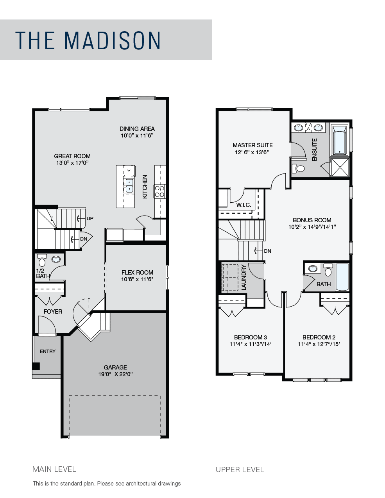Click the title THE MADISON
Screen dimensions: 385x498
pos(88,40)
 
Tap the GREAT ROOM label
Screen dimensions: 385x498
pos(72,156)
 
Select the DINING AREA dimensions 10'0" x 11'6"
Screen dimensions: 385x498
pos(137,136)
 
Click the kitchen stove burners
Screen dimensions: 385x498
pos(159,192)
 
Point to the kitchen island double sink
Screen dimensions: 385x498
pos(129,186)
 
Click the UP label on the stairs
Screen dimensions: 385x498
pos(90,218)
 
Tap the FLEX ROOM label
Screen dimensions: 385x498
pos(137,273)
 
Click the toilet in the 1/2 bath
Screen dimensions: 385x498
pos(42,261)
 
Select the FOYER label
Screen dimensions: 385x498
pos(53,311)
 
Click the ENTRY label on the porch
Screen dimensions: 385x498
pos(48,351)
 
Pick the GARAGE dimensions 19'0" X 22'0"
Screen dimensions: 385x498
pos(115,374)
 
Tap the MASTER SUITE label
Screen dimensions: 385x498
pos(252,145)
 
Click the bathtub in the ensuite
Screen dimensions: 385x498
pos(339,139)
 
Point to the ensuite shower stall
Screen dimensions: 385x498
pos(340,167)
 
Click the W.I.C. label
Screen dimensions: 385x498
pos(244,205)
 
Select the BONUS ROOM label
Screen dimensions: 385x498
pos(312,220)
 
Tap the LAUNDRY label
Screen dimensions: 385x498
pos(244,277)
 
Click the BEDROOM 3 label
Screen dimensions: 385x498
pos(251,337)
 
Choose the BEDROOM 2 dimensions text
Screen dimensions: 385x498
pos(319,344)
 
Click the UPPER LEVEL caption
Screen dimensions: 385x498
pos(240,469)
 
